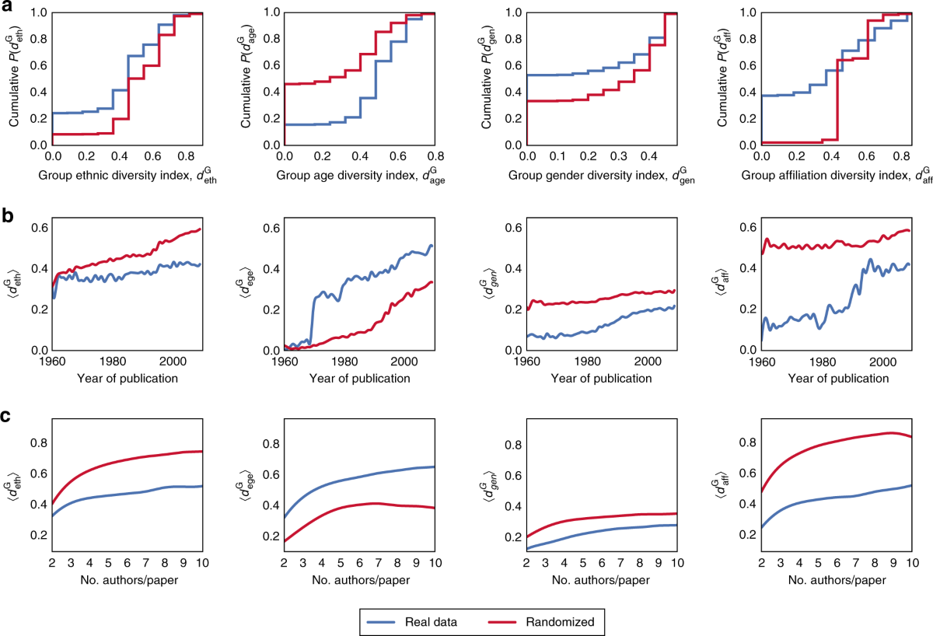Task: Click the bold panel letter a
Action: click(7, 6)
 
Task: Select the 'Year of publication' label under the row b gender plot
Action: click(602, 379)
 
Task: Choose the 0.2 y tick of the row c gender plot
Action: click(512, 536)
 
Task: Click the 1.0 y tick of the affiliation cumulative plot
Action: click(746, 12)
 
